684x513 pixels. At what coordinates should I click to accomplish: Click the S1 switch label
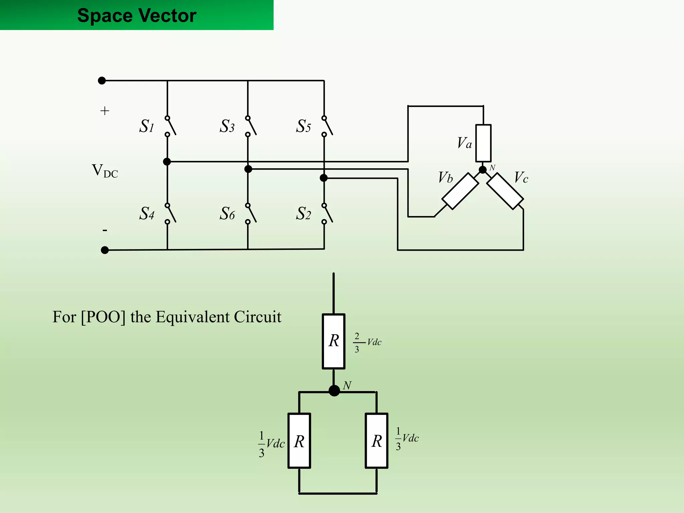coord(147,126)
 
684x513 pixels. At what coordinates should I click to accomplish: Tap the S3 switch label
coord(227,126)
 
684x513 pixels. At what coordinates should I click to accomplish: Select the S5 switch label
coord(303,126)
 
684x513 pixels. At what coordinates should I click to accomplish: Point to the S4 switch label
coord(147,213)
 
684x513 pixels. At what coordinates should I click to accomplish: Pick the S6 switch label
coord(227,213)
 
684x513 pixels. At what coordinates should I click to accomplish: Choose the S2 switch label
coord(303,213)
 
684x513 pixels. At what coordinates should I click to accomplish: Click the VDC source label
coord(105,171)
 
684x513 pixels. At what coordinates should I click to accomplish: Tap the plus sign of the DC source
coord(105,111)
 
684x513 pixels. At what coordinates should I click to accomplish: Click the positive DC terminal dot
coord(102,80)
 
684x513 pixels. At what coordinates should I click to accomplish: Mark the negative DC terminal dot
coord(105,250)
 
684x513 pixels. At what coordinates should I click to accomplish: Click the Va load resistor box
coord(483,143)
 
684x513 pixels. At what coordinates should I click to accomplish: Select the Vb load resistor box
coord(460,191)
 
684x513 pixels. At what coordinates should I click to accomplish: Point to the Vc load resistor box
coord(505,191)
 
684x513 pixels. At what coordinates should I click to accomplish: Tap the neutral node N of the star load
coord(483,170)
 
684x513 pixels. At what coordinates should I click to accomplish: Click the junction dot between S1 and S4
coord(167,162)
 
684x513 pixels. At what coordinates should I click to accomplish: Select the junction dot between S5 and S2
coord(324,178)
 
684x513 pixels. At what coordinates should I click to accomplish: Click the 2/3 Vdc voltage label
coord(367,342)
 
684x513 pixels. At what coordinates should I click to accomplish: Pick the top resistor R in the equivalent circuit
coord(334,341)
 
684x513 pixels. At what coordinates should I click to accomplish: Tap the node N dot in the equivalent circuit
coord(334,390)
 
